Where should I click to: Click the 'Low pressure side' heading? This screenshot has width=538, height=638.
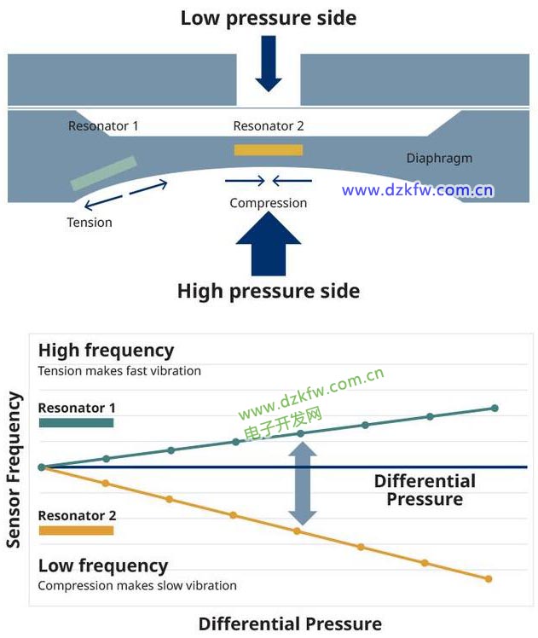point(269,18)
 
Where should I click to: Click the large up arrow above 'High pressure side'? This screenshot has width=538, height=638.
point(269,242)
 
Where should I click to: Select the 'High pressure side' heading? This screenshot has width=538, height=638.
point(269,291)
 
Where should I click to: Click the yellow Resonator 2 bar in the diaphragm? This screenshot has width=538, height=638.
point(269,150)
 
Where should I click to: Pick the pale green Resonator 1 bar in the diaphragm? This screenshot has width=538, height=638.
point(103,172)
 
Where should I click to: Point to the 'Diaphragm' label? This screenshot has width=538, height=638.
point(439,158)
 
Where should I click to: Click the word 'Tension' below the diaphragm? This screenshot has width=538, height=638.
point(90,223)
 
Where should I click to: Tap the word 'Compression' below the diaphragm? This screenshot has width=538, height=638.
point(269,203)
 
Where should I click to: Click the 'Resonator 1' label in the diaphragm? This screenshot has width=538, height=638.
point(103,126)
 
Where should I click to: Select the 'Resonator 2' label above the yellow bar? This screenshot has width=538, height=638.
point(269,126)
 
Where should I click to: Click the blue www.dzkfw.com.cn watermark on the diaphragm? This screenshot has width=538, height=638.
point(418,190)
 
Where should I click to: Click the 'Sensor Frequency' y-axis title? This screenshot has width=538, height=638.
point(14,469)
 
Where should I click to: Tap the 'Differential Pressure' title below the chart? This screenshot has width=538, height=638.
point(290,623)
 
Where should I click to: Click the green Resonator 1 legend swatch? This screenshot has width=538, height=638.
point(76,422)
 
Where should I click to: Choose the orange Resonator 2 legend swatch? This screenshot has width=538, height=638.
point(76,531)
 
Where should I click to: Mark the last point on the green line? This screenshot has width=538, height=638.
point(495,409)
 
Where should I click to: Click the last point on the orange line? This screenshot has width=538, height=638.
point(489,578)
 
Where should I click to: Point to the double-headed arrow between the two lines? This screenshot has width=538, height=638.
point(303,486)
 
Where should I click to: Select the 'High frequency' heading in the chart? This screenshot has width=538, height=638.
point(106,351)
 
